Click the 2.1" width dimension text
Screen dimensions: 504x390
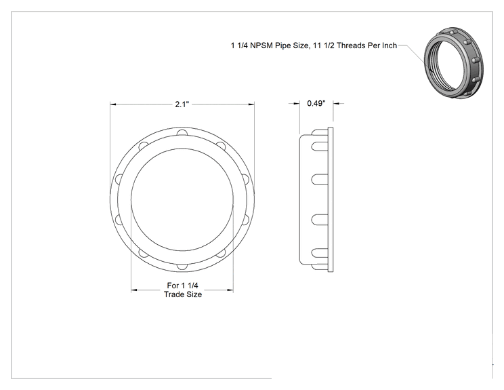182,104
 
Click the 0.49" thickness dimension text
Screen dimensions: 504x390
316,103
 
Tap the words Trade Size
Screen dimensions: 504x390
183,294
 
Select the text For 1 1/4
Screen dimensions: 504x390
183,286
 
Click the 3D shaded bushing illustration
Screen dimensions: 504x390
453,63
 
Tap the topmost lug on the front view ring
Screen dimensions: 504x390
182,132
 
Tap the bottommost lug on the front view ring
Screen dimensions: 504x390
182,267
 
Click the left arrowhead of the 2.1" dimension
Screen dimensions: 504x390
113,104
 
